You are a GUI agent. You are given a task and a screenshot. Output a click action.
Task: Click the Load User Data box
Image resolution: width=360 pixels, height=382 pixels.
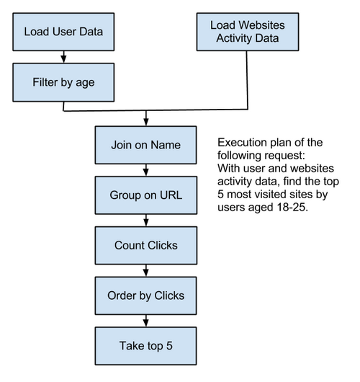(x=64, y=31)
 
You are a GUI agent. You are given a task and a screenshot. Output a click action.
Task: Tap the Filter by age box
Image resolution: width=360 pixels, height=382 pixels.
(x=64, y=81)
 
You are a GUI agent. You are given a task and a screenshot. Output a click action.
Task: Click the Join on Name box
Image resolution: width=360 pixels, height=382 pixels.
(x=146, y=145)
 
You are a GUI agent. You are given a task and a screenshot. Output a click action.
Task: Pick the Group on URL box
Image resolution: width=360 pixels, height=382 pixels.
(x=146, y=195)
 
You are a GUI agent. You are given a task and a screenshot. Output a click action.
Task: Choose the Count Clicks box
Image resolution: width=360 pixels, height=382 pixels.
(x=146, y=245)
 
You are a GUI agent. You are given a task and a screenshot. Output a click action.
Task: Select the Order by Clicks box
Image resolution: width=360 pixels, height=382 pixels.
(x=146, y=296)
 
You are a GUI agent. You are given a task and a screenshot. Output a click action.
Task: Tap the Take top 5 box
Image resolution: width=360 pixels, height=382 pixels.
(x=146, y=345)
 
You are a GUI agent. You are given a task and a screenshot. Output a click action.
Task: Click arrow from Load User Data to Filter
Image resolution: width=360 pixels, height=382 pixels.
(x=64, y=56)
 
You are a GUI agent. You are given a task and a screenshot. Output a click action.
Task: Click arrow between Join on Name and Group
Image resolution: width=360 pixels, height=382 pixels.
(x=146, y=170)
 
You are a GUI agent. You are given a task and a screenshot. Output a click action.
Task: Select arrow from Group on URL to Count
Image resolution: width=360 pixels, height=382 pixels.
(x=146, y=220)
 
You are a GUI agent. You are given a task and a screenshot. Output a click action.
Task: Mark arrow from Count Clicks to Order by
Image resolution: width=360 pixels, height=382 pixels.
(x=146, y=270)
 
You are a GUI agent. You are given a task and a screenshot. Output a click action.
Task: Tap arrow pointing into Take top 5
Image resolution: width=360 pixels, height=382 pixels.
(x=146, y=321)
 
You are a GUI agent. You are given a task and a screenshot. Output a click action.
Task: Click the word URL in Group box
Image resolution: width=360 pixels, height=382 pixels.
(x=171, y=195)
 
